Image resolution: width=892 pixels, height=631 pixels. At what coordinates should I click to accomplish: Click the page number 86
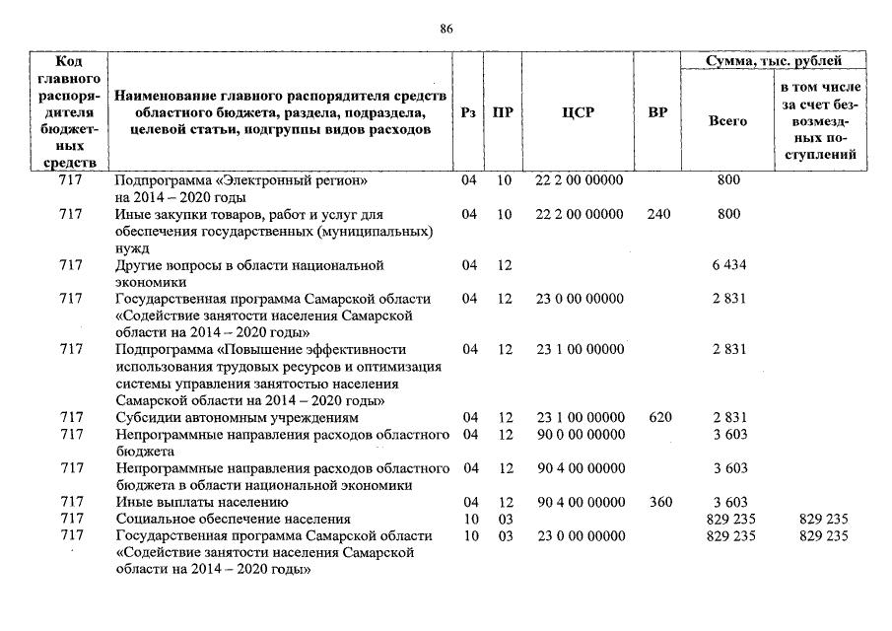(x=446, y=30)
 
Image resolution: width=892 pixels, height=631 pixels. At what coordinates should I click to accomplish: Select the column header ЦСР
(x=578, y=112)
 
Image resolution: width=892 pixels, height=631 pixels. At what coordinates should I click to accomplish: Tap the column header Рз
(x=469, y=112)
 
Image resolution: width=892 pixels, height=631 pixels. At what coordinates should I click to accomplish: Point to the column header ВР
(x=658, y=112)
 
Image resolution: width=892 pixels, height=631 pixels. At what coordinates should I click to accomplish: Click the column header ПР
(x=503, y=112)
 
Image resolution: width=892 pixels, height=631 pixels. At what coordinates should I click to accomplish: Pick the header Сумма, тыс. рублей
(x=775, y=61)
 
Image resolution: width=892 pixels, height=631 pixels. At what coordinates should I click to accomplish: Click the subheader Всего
(x=727, y=121)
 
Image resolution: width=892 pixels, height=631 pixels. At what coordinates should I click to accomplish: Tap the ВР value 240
(x=658, y=214)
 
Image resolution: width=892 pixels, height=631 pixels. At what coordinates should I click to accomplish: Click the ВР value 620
(x=659, y=418)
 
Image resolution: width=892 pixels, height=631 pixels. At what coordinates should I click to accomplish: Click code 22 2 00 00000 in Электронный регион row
(x=579, y=180)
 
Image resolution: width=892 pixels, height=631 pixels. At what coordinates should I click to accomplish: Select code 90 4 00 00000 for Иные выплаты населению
(x=579, y=502)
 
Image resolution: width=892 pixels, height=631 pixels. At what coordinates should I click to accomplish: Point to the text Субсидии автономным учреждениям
(x=237, y=418)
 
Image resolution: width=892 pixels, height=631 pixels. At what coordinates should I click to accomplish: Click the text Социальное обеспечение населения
(x=233, y=519)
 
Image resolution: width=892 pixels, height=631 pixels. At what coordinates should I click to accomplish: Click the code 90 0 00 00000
(x=579, y=434)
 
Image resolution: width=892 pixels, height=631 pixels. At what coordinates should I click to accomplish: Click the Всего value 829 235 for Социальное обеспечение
(x=731, y=519)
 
